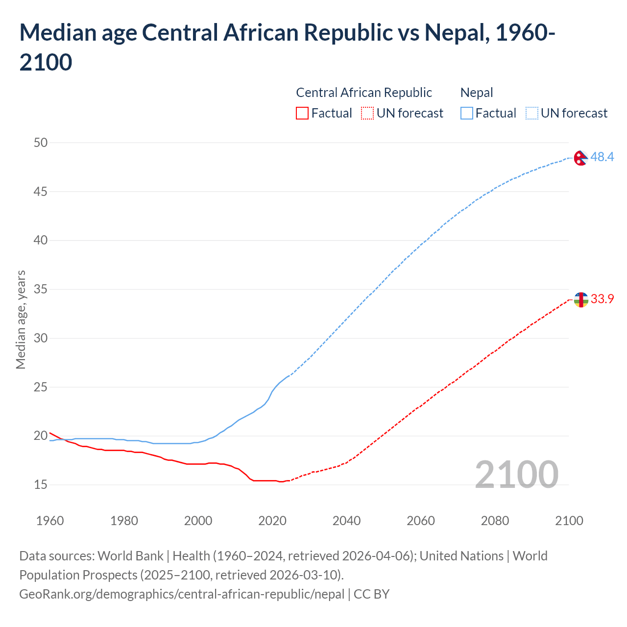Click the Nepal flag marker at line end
[580, 158]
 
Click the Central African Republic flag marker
[580, 299]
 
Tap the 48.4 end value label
[602, 157]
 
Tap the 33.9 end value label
[602, 299]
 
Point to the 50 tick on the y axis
[41, 143]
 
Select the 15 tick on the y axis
[41, 484]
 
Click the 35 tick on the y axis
[41, 289]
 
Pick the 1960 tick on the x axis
[50, 521]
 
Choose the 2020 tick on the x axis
[272, 521]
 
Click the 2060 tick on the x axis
[421, 521]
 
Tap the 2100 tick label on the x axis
[569, 521]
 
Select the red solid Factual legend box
[302, 113]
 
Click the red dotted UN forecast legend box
[367, 113]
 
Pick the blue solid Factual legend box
[467, 113]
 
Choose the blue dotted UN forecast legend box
[531, 113]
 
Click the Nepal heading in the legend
[477, 93]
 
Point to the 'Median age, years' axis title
[21, 319]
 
